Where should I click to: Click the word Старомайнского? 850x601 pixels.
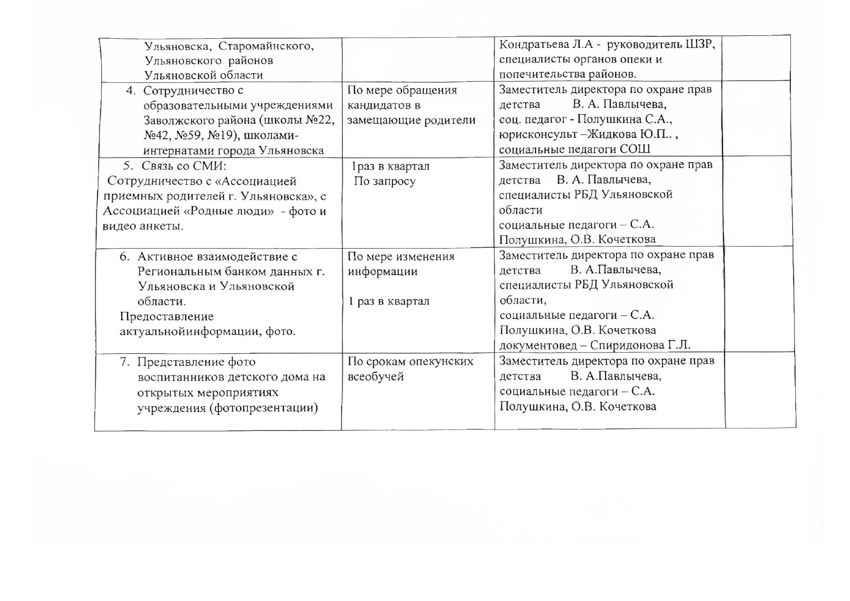pyautogui.click(x=266, y=46)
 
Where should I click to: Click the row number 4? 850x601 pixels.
pyautogui.click(x=129, y=91)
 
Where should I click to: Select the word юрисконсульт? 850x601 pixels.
pyautogui.click(x=538, y=134)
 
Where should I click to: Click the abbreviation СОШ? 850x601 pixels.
pyautogui.click(x=635, y=149)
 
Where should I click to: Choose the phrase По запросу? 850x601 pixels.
pyautogui.click(x=385, y=181)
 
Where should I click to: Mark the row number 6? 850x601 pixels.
pyautogui.click(x=124, y=257)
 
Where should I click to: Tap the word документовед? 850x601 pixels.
pyautogui.click(x=538, y=345)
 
